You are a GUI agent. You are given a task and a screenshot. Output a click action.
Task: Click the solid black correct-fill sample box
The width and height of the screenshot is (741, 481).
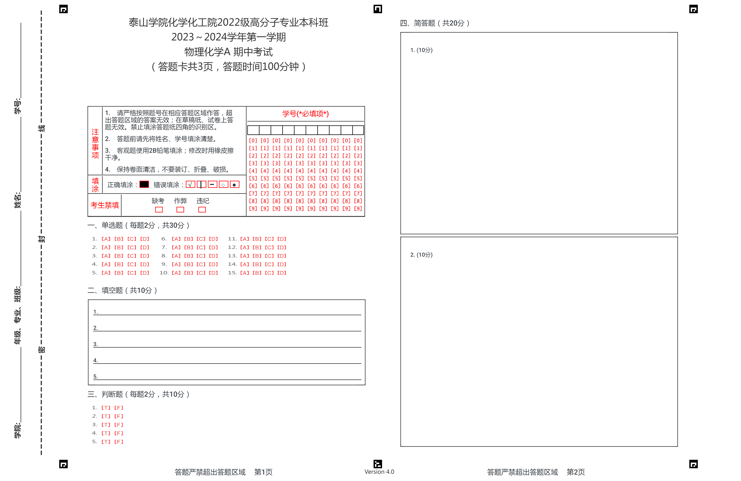144,185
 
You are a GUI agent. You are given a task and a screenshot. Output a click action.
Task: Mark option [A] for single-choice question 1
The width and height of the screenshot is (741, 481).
106,239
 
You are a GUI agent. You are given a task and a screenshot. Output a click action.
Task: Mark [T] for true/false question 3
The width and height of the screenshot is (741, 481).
106,425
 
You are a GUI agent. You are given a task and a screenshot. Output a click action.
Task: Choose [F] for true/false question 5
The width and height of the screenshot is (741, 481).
119,442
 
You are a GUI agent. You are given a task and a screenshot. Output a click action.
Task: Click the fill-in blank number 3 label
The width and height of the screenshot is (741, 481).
96,344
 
